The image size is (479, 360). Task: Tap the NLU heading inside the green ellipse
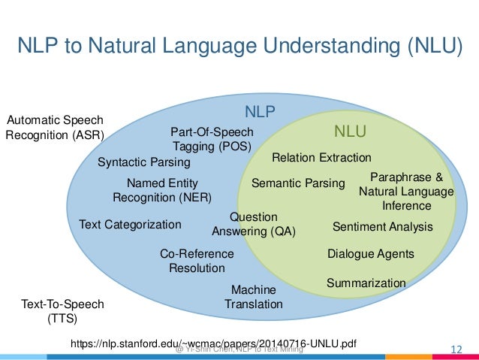(350, 132)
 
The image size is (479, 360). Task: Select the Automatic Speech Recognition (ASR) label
(54, 128)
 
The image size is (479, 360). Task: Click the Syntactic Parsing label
(144, 162)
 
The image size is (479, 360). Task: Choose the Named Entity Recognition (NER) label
(162, 190)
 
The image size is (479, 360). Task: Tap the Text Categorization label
(130, 225)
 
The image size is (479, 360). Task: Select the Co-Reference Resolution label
(197, 261)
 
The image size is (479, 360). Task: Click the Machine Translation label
(254, 297)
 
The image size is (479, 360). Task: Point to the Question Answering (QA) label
(254, 224)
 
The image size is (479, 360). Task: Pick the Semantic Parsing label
(297, 183)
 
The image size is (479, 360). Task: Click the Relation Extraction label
(321, 158)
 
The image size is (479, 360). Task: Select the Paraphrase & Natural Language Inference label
(406, 191)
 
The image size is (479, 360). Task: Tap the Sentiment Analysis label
(382, 226)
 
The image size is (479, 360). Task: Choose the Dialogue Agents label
(371, 254)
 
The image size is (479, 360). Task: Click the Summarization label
(366, 283)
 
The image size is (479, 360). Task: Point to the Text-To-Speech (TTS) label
(62, 310)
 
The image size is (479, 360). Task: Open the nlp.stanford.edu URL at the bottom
(212, 343)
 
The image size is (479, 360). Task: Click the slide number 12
(455, 348)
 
